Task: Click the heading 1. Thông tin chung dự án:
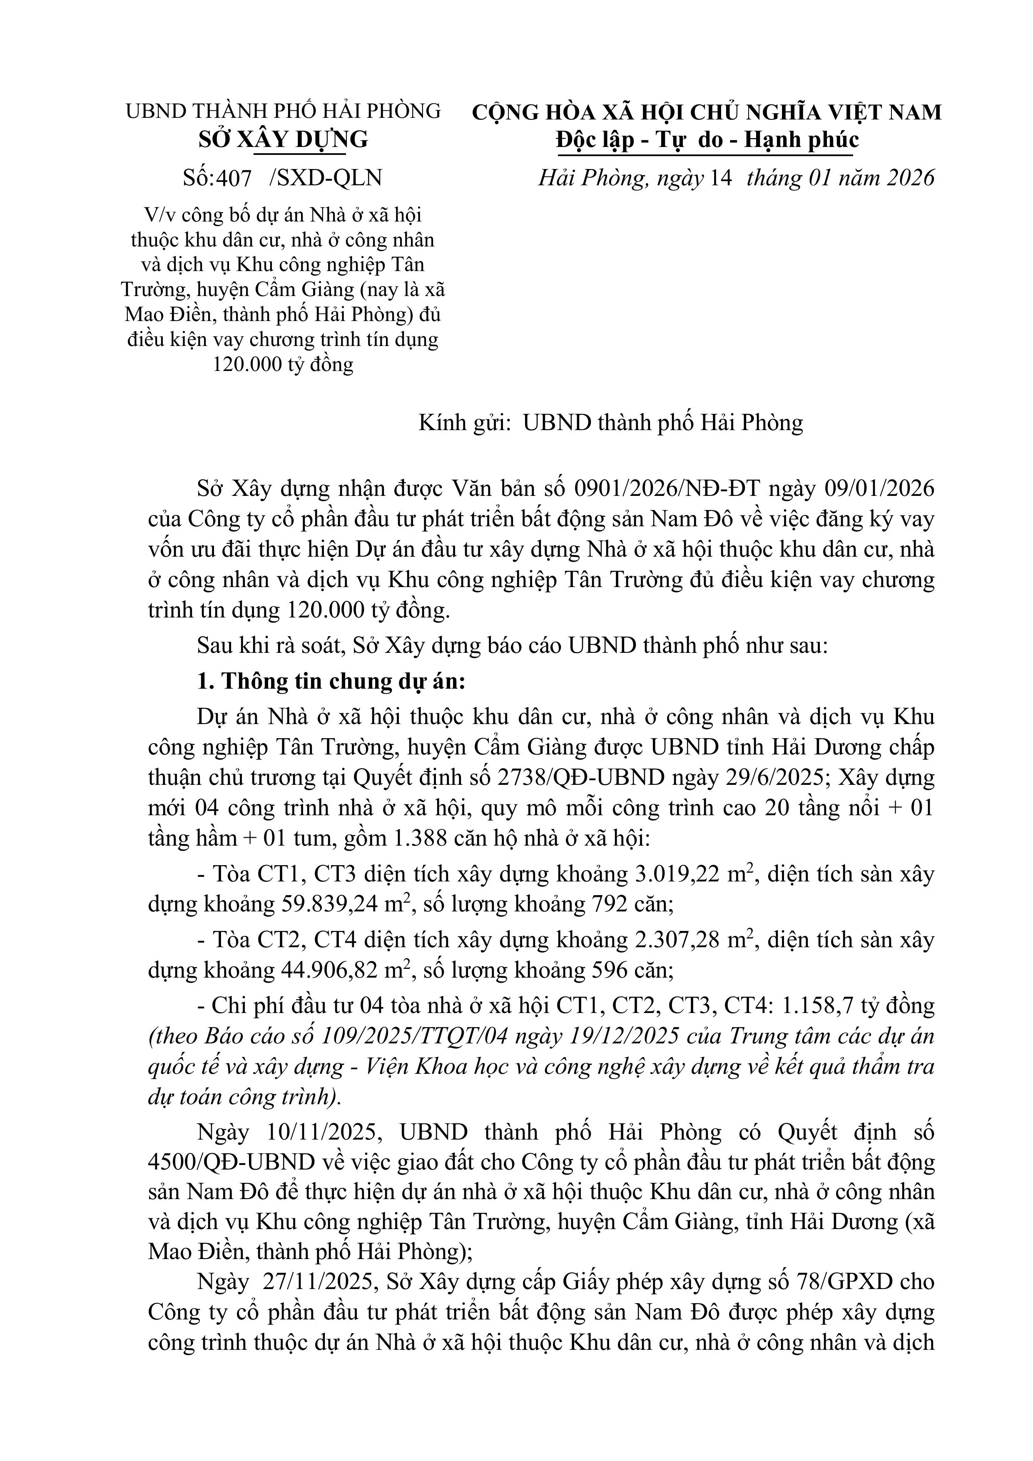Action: pos(331,682)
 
